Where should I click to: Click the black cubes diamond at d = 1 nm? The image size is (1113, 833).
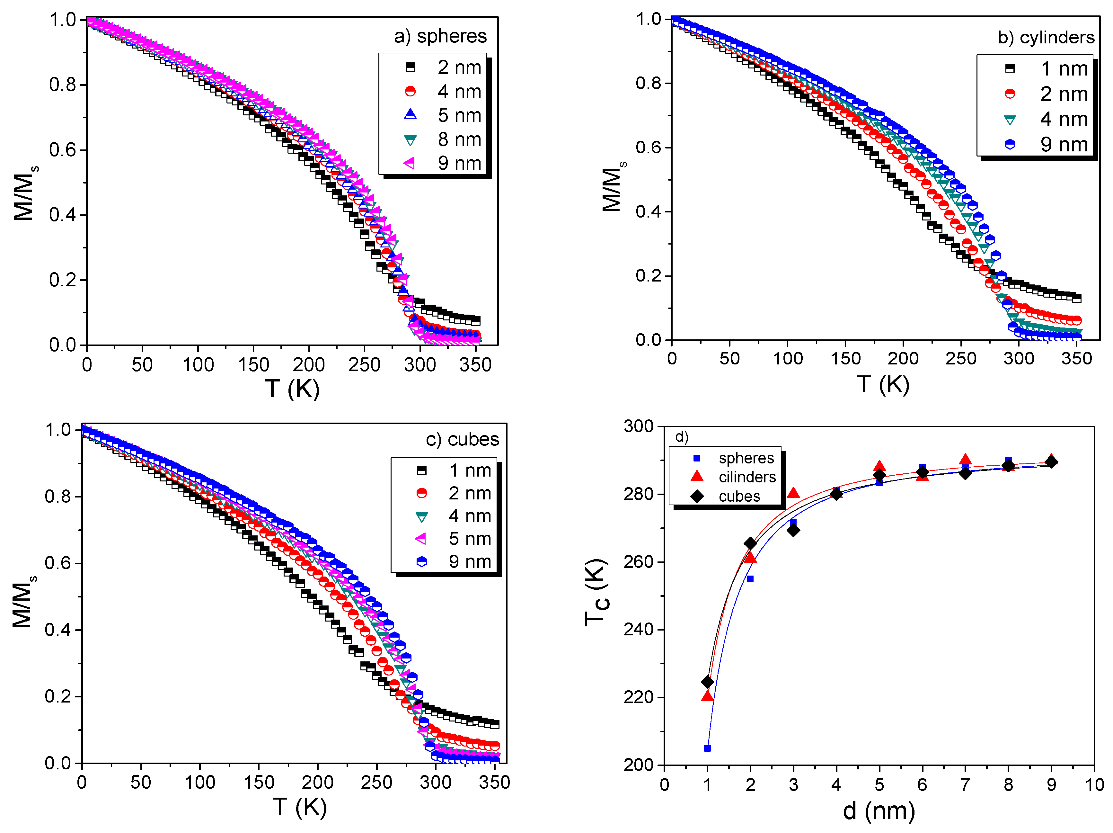click(707, 682)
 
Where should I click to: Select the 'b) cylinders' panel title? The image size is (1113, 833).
click(1046, 37)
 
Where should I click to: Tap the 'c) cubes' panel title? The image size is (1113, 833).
click(462, 439)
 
